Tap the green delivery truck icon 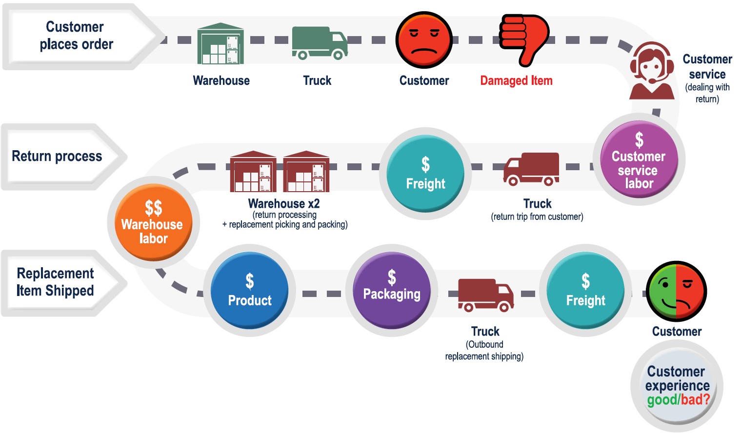[x=320, y=43]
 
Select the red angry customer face [x=424, y=40]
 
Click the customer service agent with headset [x=652, y=71]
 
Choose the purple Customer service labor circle [x=639, y=159]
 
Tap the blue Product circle [x=249, y=291]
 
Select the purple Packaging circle [x=392, y=289]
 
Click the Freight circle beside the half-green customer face [x=585, y=291]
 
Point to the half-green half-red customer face [x=676, y=291]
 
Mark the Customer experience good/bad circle [x=677, y=386]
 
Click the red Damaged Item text [x=516, y=80]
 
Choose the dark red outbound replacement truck [x=485, y=295]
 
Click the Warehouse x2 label [x=284, y=203]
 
